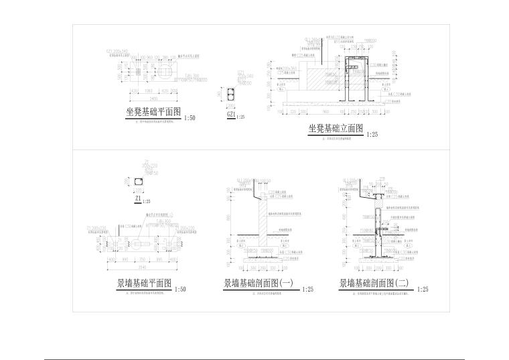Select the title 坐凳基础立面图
tap(335, 128)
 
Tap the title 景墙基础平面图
tap(145, 284)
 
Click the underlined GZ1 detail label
tap(231, 115)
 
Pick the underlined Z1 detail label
tap(138, 199)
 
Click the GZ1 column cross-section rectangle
tap(232, 93)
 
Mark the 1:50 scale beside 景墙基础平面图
tap(179, 290)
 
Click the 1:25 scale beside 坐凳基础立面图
tap(372, 135)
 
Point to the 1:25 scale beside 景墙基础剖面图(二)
tap(423, 290)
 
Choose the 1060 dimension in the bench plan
tap(148, 89)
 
